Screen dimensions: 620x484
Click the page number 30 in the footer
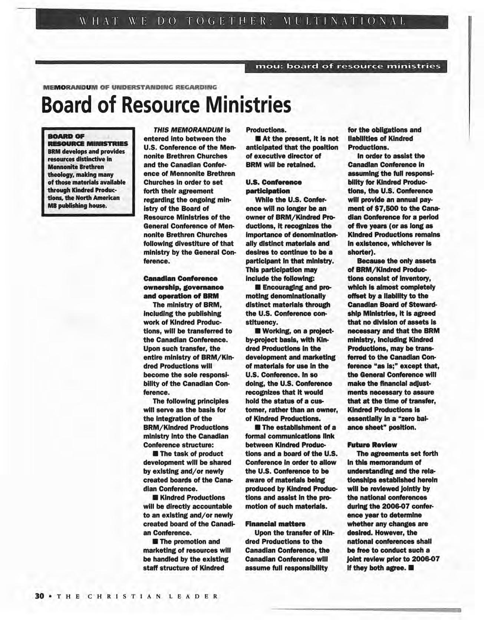39,596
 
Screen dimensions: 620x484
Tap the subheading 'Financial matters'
275,524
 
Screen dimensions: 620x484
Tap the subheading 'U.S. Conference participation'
273,187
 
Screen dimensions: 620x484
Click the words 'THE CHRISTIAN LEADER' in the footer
133,596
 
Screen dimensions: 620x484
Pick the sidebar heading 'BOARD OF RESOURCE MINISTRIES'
88,140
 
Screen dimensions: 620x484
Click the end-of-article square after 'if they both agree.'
411,568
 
